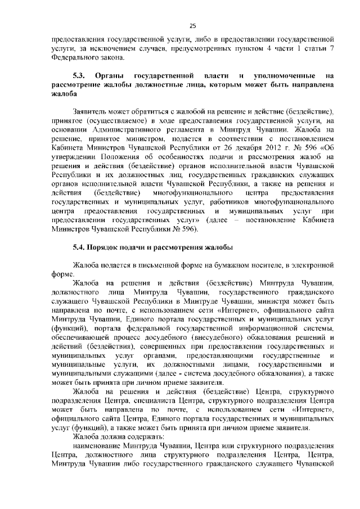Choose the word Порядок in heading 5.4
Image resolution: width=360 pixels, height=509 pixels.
click(x=108, y=248)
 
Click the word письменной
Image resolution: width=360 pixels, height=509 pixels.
click(x=159, y=264)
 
